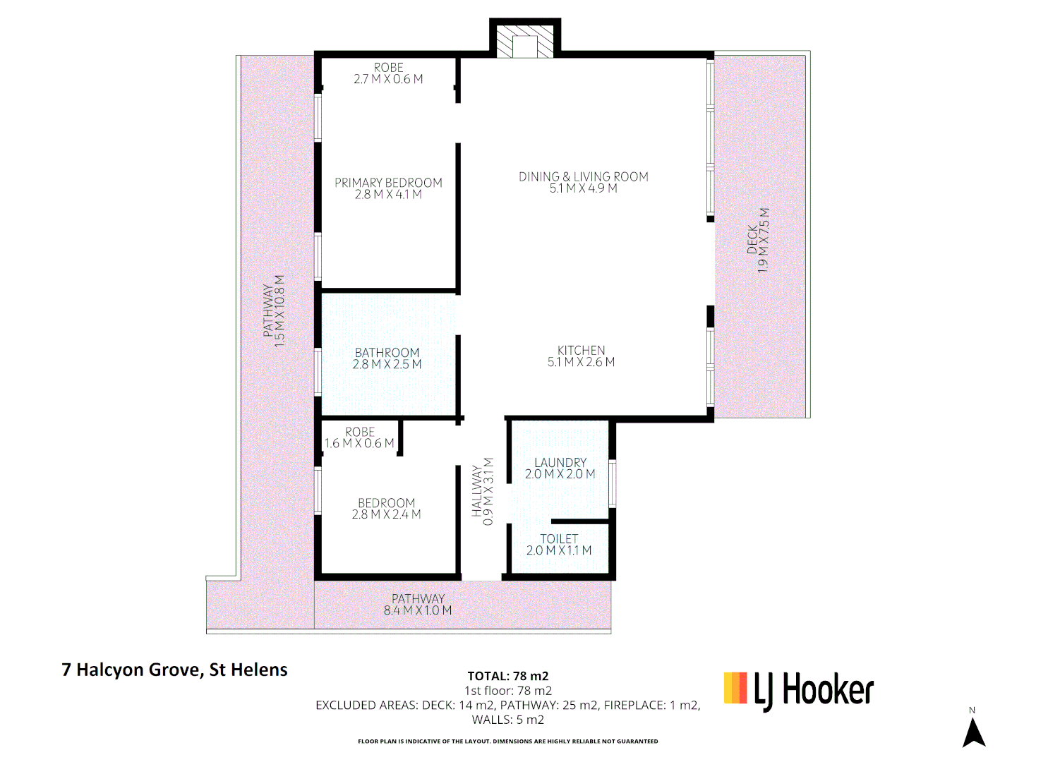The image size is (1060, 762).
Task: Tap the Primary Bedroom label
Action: [388, 183]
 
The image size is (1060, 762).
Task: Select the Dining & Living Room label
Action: [583, 176]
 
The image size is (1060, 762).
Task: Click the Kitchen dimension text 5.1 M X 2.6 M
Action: [581, 362]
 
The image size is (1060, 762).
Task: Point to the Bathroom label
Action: [387, 353]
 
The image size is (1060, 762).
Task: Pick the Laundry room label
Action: [560, 463]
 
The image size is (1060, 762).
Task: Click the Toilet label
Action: [559, 539]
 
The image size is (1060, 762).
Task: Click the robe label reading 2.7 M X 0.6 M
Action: [388, 79]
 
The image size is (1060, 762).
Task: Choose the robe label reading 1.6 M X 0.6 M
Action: [359, 443]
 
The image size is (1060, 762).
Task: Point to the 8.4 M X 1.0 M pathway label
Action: [418, 610]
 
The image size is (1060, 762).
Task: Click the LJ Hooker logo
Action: [799, 689]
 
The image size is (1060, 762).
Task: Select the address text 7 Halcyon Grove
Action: [174, 670]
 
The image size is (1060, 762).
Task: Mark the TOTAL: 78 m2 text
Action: [507, 676]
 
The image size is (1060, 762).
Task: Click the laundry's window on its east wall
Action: [612, 483]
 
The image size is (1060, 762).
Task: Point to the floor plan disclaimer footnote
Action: [507, 742]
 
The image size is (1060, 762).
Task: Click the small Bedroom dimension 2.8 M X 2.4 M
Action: [386, 514]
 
